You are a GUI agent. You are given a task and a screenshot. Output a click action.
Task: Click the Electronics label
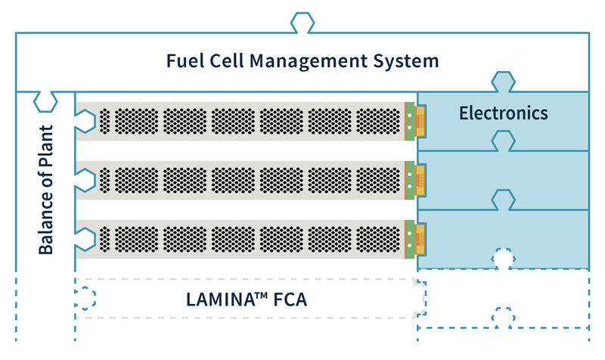(x=503, y=113)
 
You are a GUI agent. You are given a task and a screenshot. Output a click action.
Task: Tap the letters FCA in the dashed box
(x=290, y=299)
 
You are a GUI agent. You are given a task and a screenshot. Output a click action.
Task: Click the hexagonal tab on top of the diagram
(x=302, y=23)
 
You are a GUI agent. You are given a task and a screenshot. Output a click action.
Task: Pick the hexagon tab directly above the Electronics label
(x=503, y=82)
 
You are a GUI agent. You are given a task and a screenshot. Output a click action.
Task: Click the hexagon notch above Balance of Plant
(x=45, y=101)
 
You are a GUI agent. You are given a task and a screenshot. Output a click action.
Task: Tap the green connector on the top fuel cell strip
(x=409, y=121)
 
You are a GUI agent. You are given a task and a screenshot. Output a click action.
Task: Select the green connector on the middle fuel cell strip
(x=409, y=180)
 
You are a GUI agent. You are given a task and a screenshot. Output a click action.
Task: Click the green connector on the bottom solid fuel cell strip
(x=409, y=239)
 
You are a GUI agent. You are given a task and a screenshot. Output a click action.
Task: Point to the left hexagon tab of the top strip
(x=85, y=121)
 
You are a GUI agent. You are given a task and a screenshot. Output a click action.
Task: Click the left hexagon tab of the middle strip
(x=85, y=180)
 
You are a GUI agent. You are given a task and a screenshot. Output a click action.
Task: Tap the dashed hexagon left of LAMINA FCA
(x=85, y=298)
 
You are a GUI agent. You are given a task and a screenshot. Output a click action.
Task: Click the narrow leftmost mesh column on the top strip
(x=104, y=121)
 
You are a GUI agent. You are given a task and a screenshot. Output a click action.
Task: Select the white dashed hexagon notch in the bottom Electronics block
(x=503, y=259)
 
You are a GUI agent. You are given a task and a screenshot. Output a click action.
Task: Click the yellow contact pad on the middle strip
(x=420, y=180)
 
